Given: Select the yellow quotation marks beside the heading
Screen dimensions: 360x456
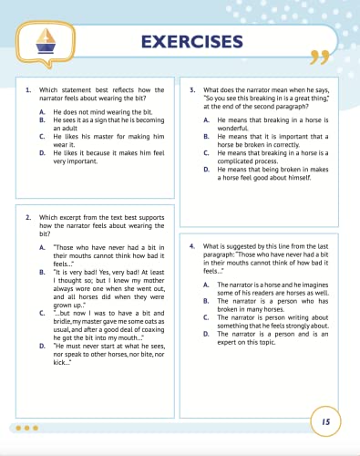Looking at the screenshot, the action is tap(318, 57).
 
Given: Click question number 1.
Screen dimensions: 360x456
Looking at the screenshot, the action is tap(30, 90).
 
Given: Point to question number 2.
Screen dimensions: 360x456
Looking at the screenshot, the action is tap(30, 217).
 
